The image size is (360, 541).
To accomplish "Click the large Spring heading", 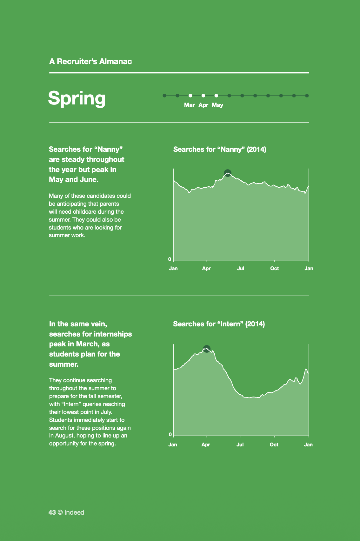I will point(77,98).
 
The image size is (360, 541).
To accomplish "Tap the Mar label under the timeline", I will point(190,105).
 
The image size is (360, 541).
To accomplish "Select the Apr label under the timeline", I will point(203,105).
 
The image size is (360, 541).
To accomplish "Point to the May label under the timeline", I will point(217,105).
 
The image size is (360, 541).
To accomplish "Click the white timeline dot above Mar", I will point(190,96).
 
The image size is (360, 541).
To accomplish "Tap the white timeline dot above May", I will point(216,96).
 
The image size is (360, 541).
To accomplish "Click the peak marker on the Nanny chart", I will point(228,173).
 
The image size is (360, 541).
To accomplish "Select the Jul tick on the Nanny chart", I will point(241,269).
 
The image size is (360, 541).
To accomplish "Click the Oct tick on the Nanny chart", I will point(275,269).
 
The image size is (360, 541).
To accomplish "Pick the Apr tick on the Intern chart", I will point(206,445).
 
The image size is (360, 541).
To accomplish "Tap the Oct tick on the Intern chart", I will point(274,445).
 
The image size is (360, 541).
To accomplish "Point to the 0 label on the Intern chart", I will point(170,435).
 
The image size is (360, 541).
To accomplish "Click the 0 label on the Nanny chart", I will point(170,259).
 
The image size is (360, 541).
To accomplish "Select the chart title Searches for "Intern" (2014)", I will point(219,324).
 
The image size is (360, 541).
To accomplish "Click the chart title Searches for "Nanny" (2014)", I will point(220,150).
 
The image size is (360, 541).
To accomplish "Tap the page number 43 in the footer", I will point(52,512).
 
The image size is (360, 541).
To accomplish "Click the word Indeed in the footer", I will point(74,512).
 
